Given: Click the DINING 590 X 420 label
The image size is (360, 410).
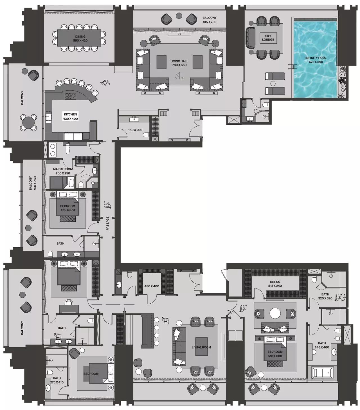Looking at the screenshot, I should coord(80,39).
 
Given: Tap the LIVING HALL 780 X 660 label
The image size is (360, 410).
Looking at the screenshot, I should coord(179,63).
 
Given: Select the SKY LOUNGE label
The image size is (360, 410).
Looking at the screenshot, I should coord(268,38).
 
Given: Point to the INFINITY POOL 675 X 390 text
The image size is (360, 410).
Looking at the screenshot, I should coord(316,60).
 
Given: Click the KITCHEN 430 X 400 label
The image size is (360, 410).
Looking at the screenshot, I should coord(70,116).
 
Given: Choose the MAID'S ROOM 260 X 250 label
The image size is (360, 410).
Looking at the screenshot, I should coord(63,171).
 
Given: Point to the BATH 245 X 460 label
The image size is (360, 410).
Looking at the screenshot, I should coord(322,345).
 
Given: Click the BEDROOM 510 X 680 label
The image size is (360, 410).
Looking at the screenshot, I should coord(275,354).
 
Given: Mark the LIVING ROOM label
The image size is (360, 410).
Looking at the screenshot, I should coord(201,347).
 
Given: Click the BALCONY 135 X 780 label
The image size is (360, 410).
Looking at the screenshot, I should coord(210,20).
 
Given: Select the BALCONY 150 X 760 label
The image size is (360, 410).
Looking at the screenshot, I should coord(33,183).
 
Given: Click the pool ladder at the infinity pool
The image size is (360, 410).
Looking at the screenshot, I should coord(291,68).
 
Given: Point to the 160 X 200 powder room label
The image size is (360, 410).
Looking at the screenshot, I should coord(135,130).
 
